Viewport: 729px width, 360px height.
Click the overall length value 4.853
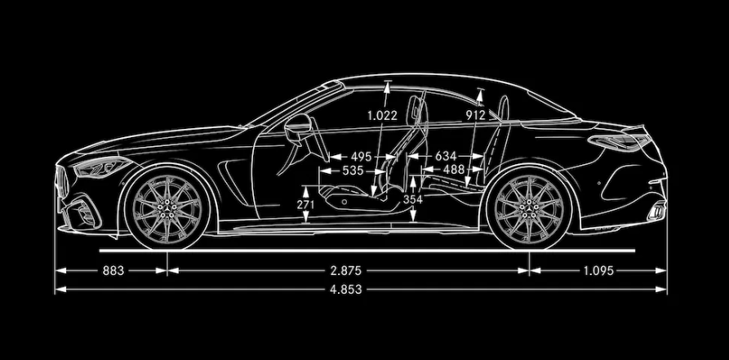click(x=346, y=289)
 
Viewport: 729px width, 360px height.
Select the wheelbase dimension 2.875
click(x=345, y=271)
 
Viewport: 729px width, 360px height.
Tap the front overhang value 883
click(x=113, y=271)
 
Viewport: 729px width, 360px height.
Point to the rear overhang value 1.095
click(x=599, y=271)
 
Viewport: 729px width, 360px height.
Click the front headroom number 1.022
click(x=382, y=116)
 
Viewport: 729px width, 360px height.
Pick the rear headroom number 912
click(x=476, y=115)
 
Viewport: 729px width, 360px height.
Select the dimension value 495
click(x=362, y=157)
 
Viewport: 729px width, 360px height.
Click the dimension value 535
click(x=353, y=171)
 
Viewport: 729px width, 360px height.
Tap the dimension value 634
click(x=446, y=157)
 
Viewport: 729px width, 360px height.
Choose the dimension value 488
click(x=454, y=170)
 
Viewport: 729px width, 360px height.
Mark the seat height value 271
click(x=305, y=205)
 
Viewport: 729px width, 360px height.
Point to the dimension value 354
click(x=413, y=199)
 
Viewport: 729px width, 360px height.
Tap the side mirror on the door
click(x=297, y=127)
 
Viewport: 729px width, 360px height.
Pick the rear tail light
click(x=618, y=142)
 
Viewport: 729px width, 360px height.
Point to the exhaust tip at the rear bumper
click(x=656, y=212)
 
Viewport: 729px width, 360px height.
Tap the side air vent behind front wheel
click(x=235, y=181)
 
